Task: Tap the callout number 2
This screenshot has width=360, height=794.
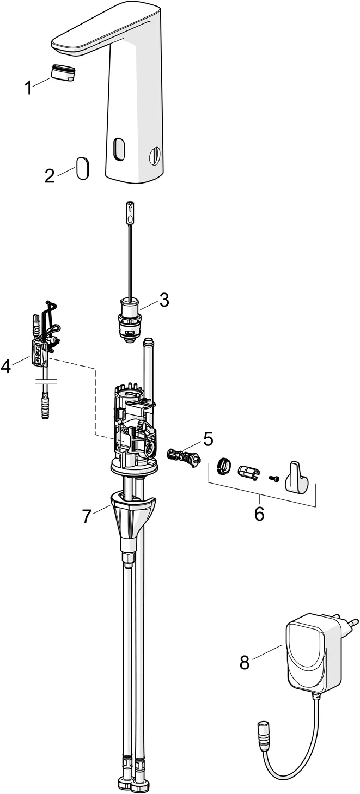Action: click(x=50, y=176)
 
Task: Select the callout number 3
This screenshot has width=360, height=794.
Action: click(x=163, y=299)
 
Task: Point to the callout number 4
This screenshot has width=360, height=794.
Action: click(x=6, y=367)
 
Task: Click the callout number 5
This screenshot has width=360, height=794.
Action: click(x=208, y=438)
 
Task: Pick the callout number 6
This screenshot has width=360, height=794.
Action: click(x=259, y=512)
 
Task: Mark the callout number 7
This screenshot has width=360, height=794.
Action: click(x=87, y=516)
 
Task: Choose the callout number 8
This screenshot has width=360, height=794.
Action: click(x=245, y=662)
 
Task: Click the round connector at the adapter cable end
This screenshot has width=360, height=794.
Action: click(x=262, y=728)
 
